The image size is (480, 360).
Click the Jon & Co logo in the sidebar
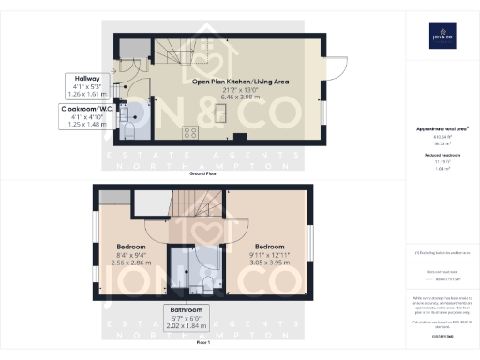(442, 35)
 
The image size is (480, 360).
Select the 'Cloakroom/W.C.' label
(82, 110)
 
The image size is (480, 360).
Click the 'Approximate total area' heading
(442, 128)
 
